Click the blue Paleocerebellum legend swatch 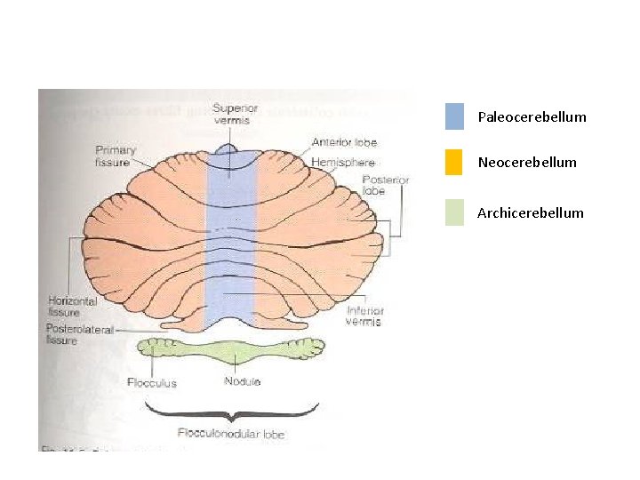coord(454,116)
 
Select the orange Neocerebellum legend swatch coord(454,163)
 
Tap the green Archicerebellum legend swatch coord(454,212)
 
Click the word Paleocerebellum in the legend coord(532,117)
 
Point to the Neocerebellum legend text coord(527,163)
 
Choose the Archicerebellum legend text coord(531,213)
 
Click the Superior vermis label coord(235,114)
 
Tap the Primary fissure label coord(116,156)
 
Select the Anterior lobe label coord(332,142)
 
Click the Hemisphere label coord(344,164)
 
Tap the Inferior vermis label coord(365,316)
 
